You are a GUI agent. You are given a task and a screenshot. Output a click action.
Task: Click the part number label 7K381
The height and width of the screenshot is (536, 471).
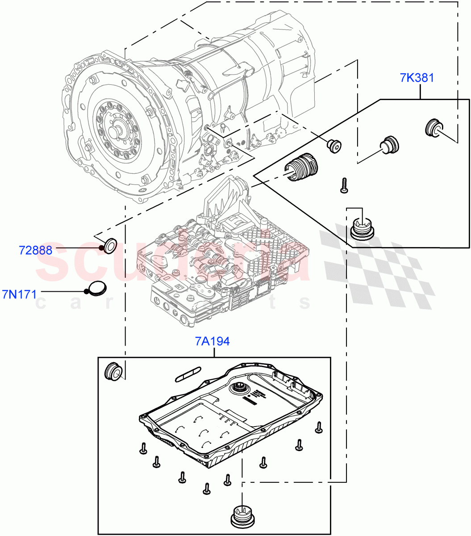(x=417, y=78)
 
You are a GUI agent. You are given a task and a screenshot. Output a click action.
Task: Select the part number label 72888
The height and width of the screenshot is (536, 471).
(x=36, y=250)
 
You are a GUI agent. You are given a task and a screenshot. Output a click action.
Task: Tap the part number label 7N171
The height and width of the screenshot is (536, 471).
(x=19, y=294)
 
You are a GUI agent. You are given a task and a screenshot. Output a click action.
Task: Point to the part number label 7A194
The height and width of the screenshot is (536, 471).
(x=212, y=341)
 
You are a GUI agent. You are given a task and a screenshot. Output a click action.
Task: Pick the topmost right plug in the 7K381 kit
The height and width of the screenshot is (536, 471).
(x=433, y=128)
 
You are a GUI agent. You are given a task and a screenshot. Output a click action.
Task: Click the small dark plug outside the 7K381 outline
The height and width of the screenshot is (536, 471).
(x=333, y=145)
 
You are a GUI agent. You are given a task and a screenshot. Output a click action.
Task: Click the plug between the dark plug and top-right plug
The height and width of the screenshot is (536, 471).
(x=389, y=145)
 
